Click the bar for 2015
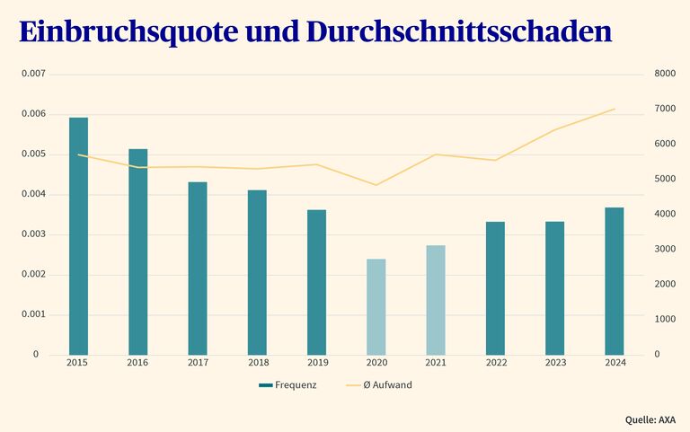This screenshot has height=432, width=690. (78, 235)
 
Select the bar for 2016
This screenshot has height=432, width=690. (137, 251)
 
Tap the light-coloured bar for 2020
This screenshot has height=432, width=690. (376, 306)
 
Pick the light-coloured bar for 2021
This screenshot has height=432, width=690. (436, 300)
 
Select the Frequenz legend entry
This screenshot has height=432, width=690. (287, 385)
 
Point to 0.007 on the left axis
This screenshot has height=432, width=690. (32, 74)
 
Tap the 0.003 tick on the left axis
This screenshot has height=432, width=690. (32, 234)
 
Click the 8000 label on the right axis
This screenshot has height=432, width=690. (664, 74)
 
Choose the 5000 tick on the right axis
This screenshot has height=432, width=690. (664, 179)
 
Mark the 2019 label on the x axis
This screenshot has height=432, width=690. (316, 363)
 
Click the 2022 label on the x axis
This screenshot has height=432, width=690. (495, 363)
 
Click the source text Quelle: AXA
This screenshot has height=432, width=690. (650, 419)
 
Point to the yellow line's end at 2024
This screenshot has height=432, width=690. (615, 109)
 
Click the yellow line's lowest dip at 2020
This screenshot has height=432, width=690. (376, 185)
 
